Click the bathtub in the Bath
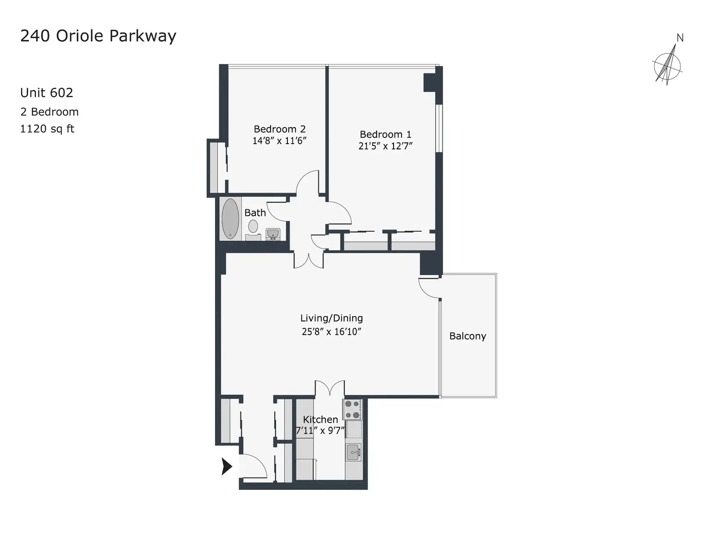(x=230, y=218)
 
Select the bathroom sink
(x=273, y=234)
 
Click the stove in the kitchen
(x=352, y=409)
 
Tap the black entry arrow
(x=227, y=466)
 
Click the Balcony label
(x=467, y=336)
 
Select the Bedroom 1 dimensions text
(x=385, y=146)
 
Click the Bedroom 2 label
(x=279, y=129)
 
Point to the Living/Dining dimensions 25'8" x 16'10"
(x=331, y=332)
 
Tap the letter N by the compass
(x=680, y=38)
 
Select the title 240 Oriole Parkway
(x=98, y=36)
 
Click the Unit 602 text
(x=47, y=93)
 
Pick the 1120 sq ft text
(x=47, y=129)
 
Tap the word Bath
(x=255, y=213)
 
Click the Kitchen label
(x=320, y=419)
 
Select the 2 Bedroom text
(x=50, y=112)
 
